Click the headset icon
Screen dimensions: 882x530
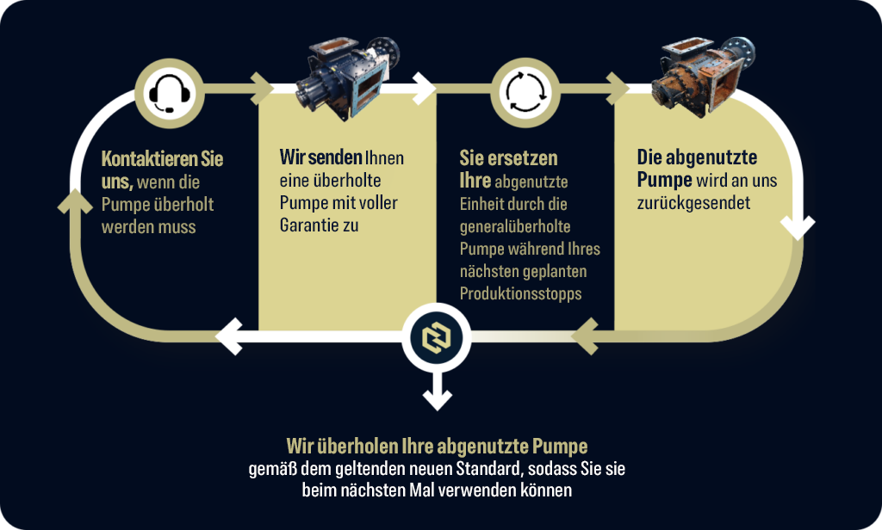pyautogui.click(x=170, y=93)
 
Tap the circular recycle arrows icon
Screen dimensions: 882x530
pyautogui.click(x=525, y=93)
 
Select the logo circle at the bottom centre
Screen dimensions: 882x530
pyautogui.click(x=437, y=338)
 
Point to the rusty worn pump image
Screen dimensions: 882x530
pyautogui.click(x=703, y=76)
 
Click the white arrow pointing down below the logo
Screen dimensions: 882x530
pyautogui.click(x=437, y=392)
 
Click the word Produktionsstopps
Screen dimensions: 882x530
pyautogui.click(x=520, y=293)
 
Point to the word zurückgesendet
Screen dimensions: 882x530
pyautogui.click(x=693, y=203)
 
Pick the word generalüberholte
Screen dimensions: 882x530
pyautogui.click(x=515, y=226)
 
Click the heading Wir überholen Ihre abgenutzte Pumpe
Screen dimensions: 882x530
pyautogui.click(x=437, y=447)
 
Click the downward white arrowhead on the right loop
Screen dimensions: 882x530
pyautogui.click(x=797, y=227)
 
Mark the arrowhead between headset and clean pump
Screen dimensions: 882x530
pyautogui.click(x=262, y=89)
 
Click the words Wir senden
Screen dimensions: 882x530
pyautogui.click(x=320, y=157)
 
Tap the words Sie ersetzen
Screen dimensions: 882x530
pyautogui.click(x=508, y=158)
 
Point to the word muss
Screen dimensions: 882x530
pyautogui.click(x=177, y=227)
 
